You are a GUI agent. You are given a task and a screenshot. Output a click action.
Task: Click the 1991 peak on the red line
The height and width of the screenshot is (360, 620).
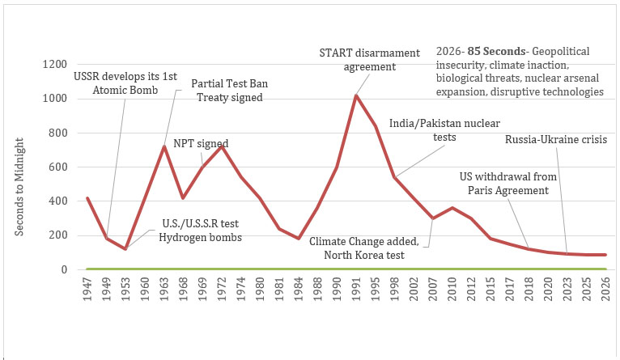pyautogui.click(x=356, y=95)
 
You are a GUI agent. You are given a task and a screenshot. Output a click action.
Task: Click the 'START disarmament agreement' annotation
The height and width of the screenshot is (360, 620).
pyautogui.click(x=369, y=60)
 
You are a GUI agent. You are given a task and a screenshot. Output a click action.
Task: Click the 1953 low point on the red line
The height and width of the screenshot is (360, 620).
pyautogui.click(x=125, y=248)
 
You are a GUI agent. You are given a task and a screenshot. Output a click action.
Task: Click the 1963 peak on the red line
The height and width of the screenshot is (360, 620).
pyautogui.click(x=163, y=146)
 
